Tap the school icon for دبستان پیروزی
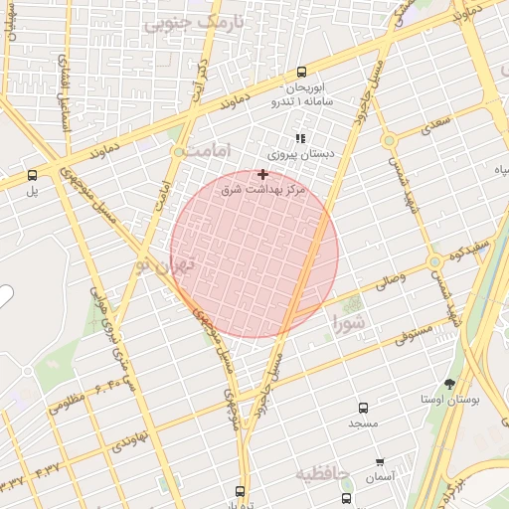[299, 139]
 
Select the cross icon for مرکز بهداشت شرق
[262, 174]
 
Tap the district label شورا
[350, 324]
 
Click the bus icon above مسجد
[363, 408]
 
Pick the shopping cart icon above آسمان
[380, 462]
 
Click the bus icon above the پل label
[33, 175]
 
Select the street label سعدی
[434, 123]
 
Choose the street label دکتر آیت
[201, 75]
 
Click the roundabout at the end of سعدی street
[389, 141]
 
